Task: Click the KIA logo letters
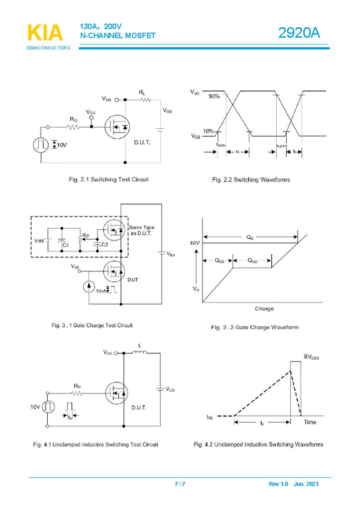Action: coord(45,33)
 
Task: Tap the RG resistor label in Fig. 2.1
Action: coord(73,119)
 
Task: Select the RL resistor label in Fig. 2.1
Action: coord(142,92)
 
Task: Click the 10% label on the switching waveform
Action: coord(209,132)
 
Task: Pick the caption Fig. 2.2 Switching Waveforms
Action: coord(251,180)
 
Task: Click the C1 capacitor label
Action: coord(65,244)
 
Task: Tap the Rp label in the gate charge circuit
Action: coord(85,235)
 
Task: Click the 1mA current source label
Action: coord(100,291)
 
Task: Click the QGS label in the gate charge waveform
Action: coord(220,260)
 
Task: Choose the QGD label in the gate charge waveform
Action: coord(252,260)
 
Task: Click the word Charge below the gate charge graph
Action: coord(264,309)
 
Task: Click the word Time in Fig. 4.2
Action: coord(310,422)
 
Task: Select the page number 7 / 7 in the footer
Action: coord(180,484)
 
